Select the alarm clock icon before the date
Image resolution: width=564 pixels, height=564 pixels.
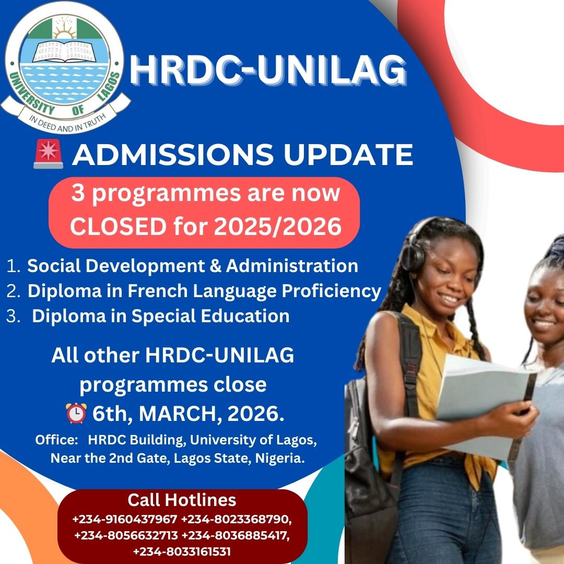point(76,413)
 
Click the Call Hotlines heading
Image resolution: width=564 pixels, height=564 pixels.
point(182,500)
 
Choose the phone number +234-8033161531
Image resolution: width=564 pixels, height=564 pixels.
point(182,551)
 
